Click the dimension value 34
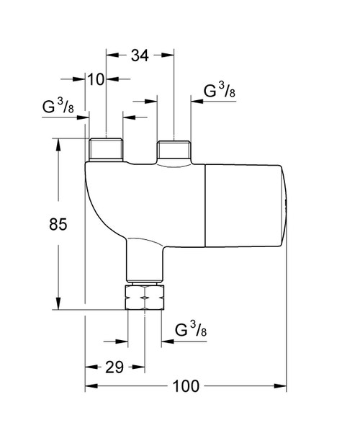(140, 55)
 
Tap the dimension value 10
(96, 79)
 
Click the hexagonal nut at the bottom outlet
(144, 298)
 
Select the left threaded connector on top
(105, 150)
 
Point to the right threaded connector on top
(175, 151)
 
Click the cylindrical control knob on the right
(245, 206)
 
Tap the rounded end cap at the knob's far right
(286, 206)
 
